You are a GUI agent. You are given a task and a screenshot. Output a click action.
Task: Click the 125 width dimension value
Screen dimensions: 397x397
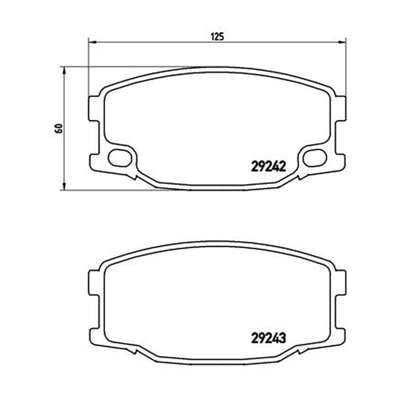coord(217,37)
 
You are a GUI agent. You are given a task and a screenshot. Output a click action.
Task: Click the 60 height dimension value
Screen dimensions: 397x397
coord(59,129)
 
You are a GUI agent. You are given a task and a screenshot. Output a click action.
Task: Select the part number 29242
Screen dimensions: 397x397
coord(268,167)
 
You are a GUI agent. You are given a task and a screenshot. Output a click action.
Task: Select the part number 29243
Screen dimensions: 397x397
coord(268,338)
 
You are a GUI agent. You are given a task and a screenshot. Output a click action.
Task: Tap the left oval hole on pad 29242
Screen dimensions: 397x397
coord(120,157)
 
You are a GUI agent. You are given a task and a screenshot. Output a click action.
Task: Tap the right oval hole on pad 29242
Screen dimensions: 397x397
coord(315,157)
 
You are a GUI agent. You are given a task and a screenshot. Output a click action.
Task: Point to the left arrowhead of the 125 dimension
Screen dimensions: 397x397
coord(92,42)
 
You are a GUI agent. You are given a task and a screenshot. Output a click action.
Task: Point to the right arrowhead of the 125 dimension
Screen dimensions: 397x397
coord(342,42)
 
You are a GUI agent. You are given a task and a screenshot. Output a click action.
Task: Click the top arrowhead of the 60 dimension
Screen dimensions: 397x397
coord(64,70)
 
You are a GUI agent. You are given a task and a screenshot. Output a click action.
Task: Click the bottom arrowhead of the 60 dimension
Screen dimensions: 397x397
coord(64,186)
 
